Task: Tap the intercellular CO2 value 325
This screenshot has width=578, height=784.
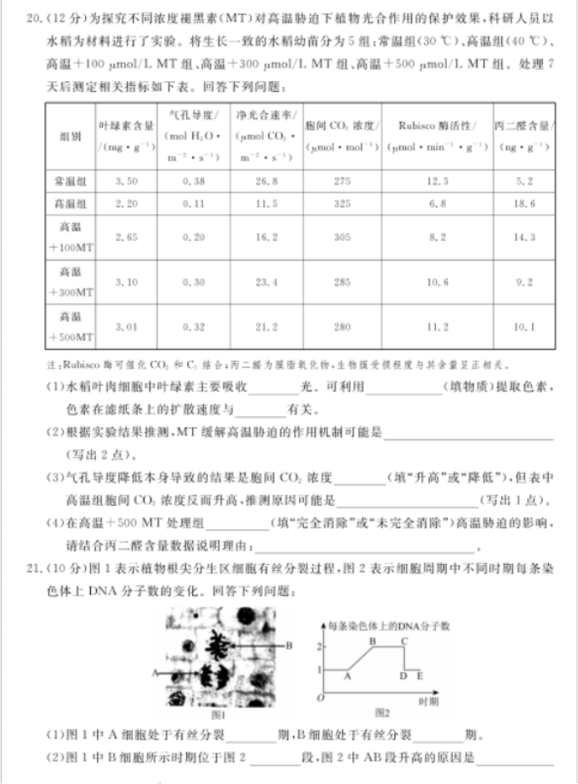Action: (342, 204)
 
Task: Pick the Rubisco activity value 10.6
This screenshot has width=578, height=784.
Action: (437, 283)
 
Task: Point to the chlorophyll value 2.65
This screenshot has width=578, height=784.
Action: (126, 237)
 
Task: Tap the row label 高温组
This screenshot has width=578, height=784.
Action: (70, 204)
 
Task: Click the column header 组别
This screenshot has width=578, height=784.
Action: (70, 135)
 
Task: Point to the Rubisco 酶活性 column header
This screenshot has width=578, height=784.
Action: (437, 126)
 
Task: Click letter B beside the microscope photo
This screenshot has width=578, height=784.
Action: (289, 644)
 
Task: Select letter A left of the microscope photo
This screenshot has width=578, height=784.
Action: (155, 670)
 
